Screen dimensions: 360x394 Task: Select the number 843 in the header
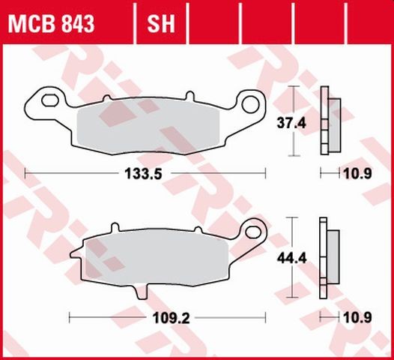[76, 25]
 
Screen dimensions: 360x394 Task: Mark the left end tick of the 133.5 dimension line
[26, 173]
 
